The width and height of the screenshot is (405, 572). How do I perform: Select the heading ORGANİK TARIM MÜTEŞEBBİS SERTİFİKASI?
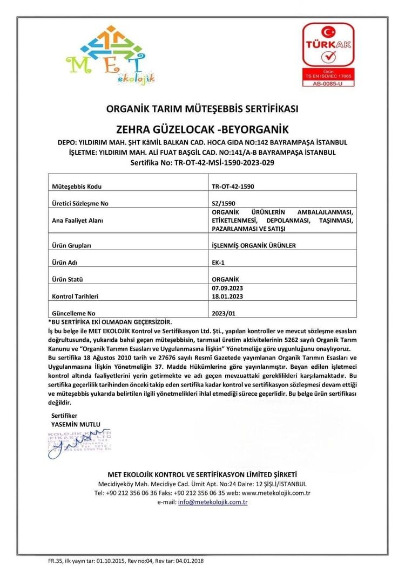pos(202,109)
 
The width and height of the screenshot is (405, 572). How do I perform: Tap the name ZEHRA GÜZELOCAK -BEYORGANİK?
pos(202,129)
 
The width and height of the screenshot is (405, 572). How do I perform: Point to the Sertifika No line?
pos(202,162)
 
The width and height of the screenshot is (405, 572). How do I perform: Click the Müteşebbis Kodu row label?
pos(76,187)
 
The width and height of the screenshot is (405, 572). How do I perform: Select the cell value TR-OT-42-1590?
pos(233,187)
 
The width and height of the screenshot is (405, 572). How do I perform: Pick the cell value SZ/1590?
pos(224,203)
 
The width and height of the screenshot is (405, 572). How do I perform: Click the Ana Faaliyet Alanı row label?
pos(77,220)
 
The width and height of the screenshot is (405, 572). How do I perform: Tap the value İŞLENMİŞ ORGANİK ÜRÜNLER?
pos(254,245)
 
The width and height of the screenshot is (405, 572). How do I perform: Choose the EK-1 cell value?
pos(219,263)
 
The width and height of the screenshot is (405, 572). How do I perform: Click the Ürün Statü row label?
pos(70,280)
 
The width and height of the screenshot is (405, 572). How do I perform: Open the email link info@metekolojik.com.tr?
pos(213,502)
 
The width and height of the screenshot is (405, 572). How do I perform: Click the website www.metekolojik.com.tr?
pos(276,493)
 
